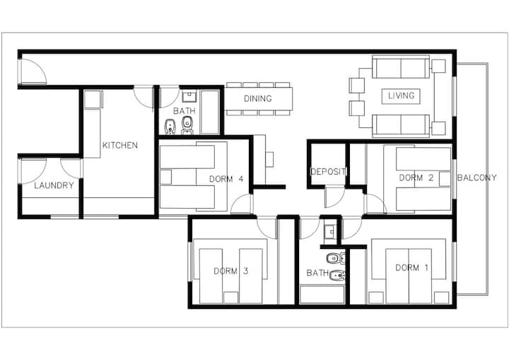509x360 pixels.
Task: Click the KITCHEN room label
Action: point(120,145)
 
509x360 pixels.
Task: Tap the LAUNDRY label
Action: point(54,185)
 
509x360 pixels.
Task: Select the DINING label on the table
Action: point(258,98)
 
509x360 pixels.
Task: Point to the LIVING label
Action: point(402,95)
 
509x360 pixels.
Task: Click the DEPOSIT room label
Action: point(328,172)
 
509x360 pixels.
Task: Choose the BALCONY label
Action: point(477,178)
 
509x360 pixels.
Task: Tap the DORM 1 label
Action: point(411,268)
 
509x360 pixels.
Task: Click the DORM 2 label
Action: point(416,178)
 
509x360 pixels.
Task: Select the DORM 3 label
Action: point(230,271)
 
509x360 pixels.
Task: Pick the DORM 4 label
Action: point(226,179)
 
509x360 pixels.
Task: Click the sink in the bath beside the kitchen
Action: point(188,97)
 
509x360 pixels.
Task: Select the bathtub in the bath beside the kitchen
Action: point(210,112)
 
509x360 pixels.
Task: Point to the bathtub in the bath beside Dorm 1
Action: point(322,295)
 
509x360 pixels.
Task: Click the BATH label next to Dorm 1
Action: point(317,273)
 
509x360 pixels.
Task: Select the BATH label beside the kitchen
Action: point(185,111)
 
